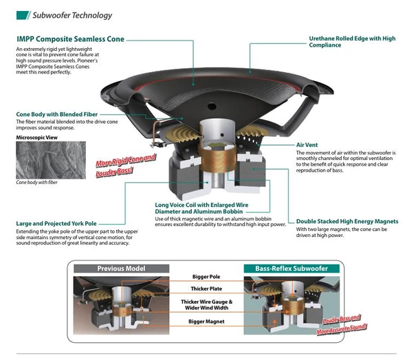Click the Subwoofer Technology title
pyautogui.click(x=72, y=15)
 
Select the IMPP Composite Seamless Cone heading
pyautogui.click(x=70, y=39)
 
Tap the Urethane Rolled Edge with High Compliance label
pyautogui.click(x=352, y=42)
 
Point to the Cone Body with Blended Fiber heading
pyautogui.click(x=57, y=114)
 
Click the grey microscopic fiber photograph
pyautogui.click(x=51, y=160)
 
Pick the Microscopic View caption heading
pyautogui.click(x=37, y=137)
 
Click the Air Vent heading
pyautogui.click(x=307, y=145)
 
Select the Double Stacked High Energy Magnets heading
pyautogui.click(x=347, y=221)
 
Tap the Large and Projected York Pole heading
pyautogui.click(x=56, y=223)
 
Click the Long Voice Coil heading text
pyautogui.click(x=201, y=208)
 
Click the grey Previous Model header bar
pyautogui.click(x=121, y=269)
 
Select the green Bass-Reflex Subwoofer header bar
pyautogui.click(x=291, y=269)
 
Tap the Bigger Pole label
pyautogui.click(x=206, y=277)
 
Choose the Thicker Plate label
pyautogui.click(x=206, y=289)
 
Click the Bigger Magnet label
pyautogui.click(x=206, y=322)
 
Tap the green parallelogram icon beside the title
pyautogui.click(x=23, y=15)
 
